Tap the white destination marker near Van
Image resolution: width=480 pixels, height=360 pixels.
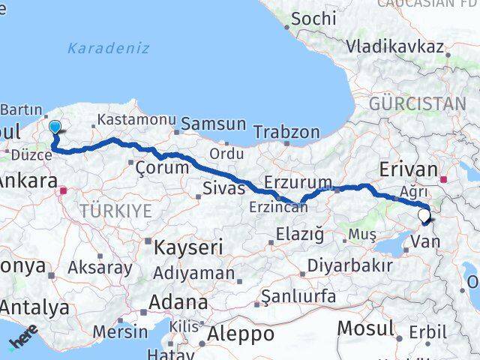pyautogui.click(x=424, y=216)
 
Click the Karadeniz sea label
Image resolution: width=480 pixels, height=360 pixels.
pyautogui.click(x=108, y=49)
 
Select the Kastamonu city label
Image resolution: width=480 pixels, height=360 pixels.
pyautogui.click(x=136, y=120)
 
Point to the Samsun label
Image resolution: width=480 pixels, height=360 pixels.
pyautogui.click(x=214, y=123)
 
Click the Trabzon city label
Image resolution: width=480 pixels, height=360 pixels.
pyautogui.click(x=286, y=132)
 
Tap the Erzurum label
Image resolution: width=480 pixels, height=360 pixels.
pyautogui.click(x=298, y=182)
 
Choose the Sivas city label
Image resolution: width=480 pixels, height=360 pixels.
pyautogui.click(x=224, y=188)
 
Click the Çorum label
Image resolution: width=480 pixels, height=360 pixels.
pyautogui.click(x=162, y=167)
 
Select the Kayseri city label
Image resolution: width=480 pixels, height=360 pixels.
pyautogui.click(x=183, y=246)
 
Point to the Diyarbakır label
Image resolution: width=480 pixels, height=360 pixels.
pyautogui.click(x=350, y=265)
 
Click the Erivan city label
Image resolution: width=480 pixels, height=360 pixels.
pyautogui.click(x=409, y=168)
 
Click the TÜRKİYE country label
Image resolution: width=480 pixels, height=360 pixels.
pyautogui.click(x=116, y=211)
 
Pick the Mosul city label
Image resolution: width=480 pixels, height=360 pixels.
pyautogui.click(x=365, y=328)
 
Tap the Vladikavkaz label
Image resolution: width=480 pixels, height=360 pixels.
pyautogui.click(x=394, y=46)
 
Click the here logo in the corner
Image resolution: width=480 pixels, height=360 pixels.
pyautogui.click(x=22, y=341)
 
